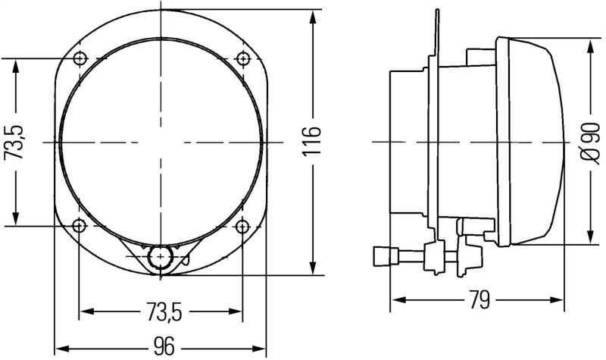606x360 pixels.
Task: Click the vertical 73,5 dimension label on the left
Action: point(16,142)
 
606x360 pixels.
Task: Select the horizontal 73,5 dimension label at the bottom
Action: point(162,311)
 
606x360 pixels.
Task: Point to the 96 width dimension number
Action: point(162,346)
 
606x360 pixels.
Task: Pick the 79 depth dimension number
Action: point(478,300)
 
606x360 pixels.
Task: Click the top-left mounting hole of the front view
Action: point(81,58)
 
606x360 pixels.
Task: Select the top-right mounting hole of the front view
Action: point(242,58)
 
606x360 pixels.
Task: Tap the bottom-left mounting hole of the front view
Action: point(81,225)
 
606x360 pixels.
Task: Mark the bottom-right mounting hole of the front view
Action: point(242,225)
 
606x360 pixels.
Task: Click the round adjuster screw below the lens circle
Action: point(160,257)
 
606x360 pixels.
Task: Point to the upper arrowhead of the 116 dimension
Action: point(313,17)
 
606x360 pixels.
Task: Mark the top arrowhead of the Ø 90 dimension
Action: point(590,45)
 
